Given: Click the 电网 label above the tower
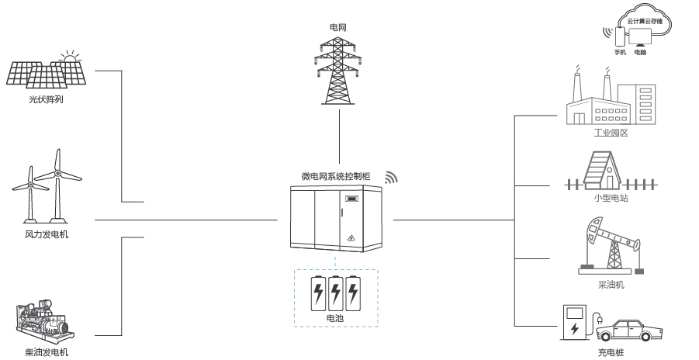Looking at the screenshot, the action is coord(337,28).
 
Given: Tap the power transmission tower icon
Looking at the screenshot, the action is coord(337,71).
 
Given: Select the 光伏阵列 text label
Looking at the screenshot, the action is coord(46,99).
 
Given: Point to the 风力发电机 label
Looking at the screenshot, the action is coord(47,234).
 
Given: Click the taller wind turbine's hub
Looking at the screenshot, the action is coord(57,173).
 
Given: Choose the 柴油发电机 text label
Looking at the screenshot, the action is coord(47,352).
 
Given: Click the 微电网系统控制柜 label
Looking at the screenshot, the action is coord(336,176).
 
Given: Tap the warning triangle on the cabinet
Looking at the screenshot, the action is coord(351,238).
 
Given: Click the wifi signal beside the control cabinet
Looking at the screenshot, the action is coord(391,178).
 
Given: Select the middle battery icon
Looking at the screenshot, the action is coord(335,293).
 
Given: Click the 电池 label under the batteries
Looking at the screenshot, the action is coord(335,319).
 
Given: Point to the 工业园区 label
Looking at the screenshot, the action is coord(611,133).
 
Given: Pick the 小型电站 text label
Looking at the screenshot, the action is coord(611,198).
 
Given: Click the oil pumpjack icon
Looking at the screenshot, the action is coord(611,246).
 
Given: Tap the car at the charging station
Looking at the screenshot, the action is coord(629,331).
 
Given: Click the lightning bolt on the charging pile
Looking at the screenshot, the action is coord(574,329).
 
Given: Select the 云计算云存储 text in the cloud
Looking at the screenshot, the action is coord(645,21).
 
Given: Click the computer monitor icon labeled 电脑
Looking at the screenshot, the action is coord(640,37).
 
